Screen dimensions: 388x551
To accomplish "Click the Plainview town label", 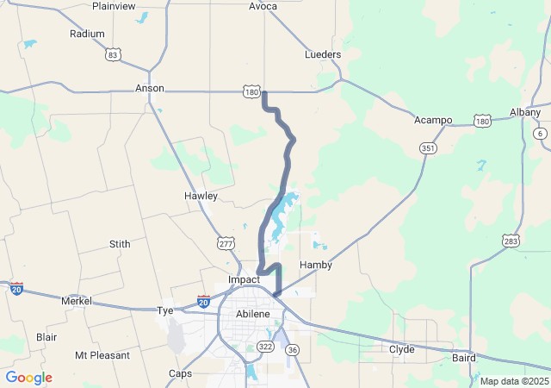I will [x=114, y=6].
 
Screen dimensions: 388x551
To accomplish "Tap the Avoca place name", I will [x=263, y=6].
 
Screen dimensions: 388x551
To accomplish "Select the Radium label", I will [x=87, y=34].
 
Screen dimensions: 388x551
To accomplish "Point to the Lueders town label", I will [x=323, y=54].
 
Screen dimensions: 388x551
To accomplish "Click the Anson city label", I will [x=150, y=89].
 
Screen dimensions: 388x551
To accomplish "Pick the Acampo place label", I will [x=433, y=120].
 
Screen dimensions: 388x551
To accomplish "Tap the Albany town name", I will [x=525, y=113].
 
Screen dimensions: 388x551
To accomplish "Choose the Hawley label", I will [x=201, y=197].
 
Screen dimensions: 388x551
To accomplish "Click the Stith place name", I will [x=120, y=245].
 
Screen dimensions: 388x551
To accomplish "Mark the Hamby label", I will [x=315, y=265].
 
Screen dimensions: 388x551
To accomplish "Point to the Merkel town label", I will [x=76, y=301].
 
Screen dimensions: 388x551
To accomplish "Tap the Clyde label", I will [x=401, y=349].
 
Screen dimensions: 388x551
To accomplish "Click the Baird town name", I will [x=463, y=357].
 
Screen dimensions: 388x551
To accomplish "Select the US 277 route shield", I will [x=226, y=244].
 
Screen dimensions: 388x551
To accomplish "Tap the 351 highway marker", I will [x=428, y=148].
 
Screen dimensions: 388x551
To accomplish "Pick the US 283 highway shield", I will [x=511, y=241].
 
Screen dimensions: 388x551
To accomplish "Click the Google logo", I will [x=28, y=378].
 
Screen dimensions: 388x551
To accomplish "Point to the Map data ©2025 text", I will [x=513, y=381].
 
